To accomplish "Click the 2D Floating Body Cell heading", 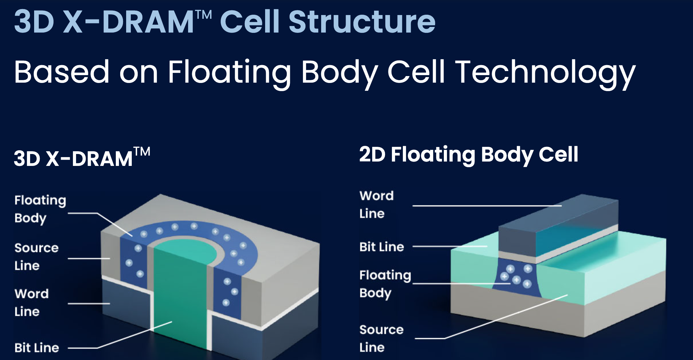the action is (468, 155).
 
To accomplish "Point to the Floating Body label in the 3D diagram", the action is (40, 209).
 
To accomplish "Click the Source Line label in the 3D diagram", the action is (36, 256).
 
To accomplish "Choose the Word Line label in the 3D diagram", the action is (31, 302).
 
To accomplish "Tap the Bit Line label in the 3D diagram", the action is (37, 348).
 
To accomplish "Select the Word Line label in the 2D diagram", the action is (376, 204).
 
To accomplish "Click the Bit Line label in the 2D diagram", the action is (382, 247).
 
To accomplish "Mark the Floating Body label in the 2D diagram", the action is (385, 284).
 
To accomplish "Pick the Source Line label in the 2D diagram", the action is (381, 338).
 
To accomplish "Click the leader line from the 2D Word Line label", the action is (487, 206).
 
